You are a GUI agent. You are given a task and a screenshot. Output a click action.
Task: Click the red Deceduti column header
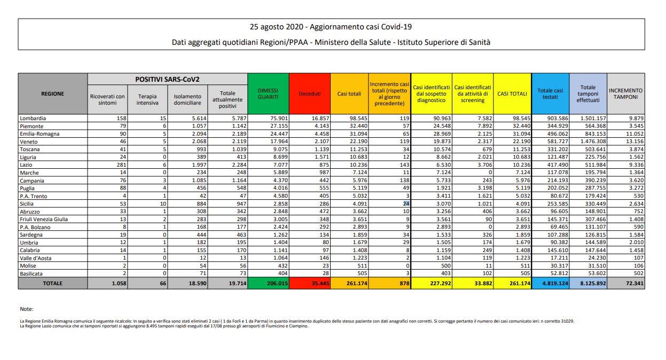pyautogui.click(x=310, y=93)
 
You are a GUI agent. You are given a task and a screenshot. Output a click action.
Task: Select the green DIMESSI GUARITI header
pyautogui.click(x=268, y=93)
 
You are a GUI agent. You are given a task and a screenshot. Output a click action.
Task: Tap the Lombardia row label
pyautogui.click(x=33, y=118)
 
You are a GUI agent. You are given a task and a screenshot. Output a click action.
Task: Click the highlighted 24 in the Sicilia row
pyautogui.click(x=406, y=203)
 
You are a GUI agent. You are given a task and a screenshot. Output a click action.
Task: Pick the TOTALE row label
pyautogui.click(x=53, y=284)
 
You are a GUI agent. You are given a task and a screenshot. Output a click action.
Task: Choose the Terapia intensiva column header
pyautogui.click(x=147, y=100)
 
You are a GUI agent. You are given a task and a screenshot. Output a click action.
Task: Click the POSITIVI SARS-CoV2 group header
pyautogui.click(x=167, y=79)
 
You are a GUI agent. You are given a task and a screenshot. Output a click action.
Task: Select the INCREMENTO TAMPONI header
pyautogui.click(x=625, y=93)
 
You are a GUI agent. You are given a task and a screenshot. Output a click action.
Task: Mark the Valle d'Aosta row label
pyautogui.click(x=37, y=258)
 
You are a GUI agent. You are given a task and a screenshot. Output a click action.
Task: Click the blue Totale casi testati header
pyautogui.click(x=550, y=93)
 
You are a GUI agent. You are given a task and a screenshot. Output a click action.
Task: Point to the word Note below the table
pyautogui.click(x=26, y=309)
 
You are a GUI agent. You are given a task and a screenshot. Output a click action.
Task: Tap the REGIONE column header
pyautogui.click(x=53, y=93)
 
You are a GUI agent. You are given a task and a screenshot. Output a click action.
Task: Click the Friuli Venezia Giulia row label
pyautogui.click(x=46, y=220)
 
